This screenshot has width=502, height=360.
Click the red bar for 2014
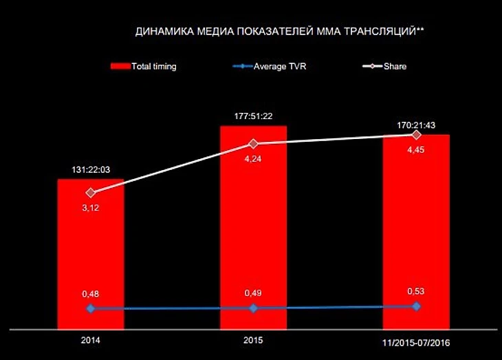point(90,255)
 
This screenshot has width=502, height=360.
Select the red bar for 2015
point(253,227)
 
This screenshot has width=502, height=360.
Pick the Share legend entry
point(385,67)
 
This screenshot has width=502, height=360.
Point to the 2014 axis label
point(90,340)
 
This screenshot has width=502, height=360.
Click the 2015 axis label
point(253,340)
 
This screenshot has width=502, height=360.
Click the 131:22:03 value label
point(91,169)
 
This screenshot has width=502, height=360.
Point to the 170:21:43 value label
point(416,125)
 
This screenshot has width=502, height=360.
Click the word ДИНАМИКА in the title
point(161,32)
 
